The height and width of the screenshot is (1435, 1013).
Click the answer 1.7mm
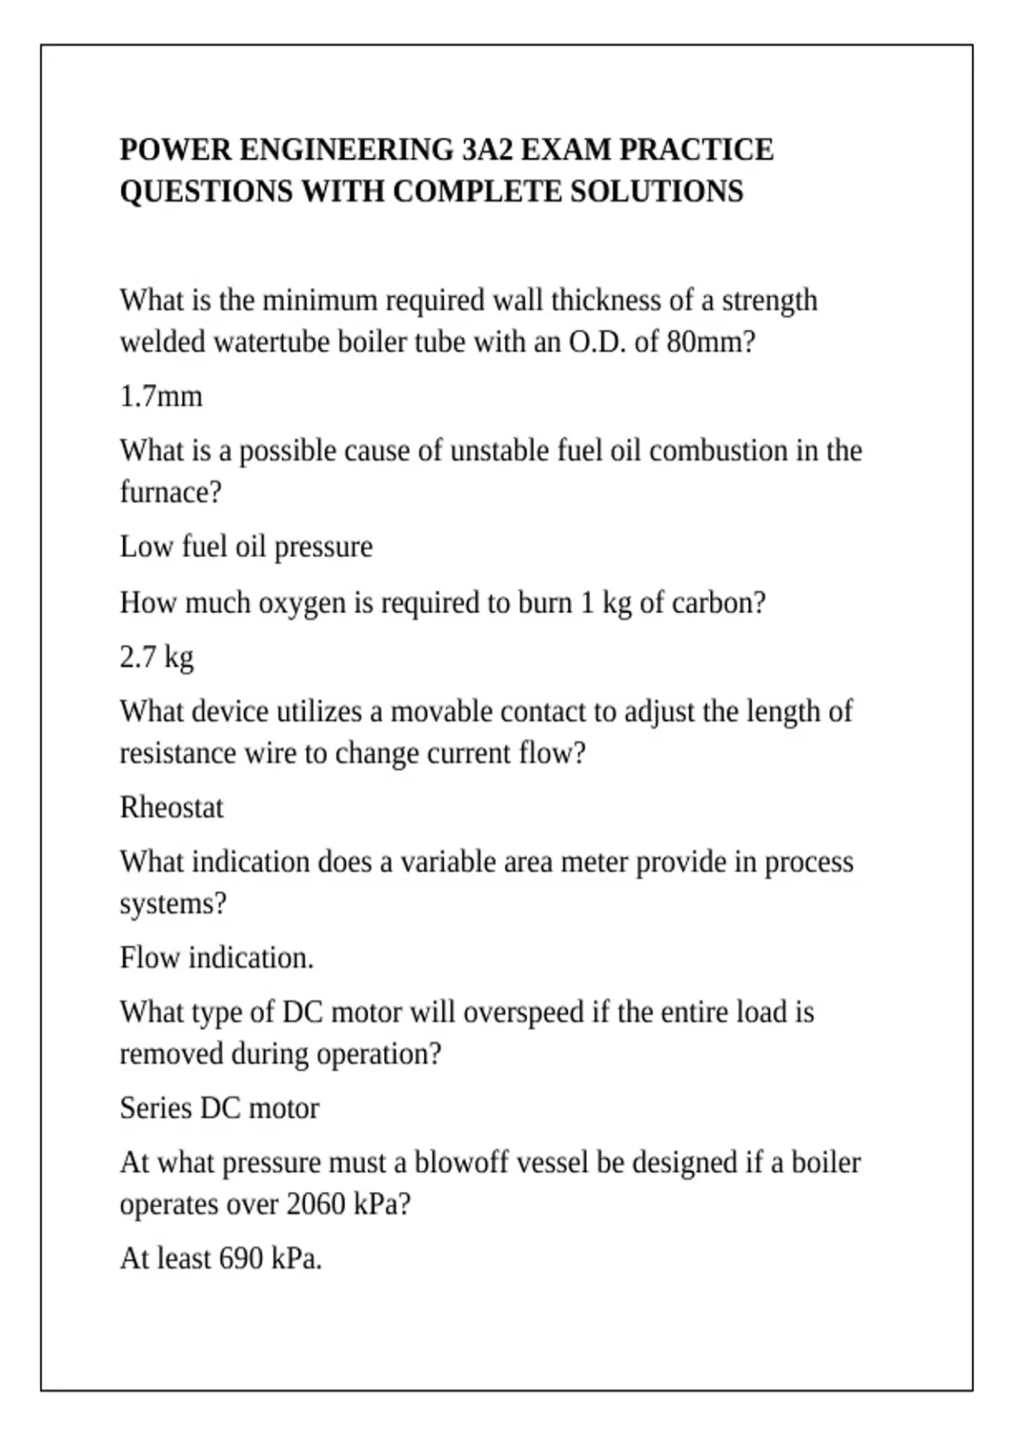[161, 397]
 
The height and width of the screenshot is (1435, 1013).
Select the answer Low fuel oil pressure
[246, 547]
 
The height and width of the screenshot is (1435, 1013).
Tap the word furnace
[170, 492]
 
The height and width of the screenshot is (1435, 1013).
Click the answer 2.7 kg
[156, 657]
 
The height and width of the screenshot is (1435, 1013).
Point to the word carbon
[718, 603]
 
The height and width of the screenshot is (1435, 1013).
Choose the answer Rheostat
[171, 808]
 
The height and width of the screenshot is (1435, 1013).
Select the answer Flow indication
[216, 958]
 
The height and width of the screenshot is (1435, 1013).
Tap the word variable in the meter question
[447, 862]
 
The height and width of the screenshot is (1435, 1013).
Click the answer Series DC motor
[219, 1108]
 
